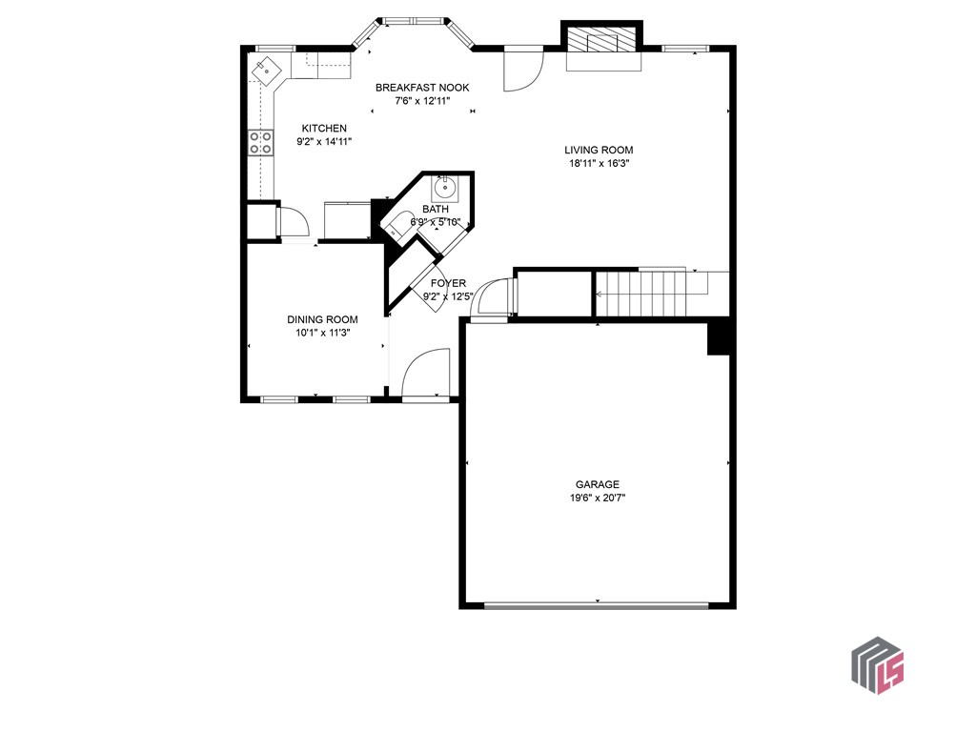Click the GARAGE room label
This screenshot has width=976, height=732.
click(597, 484)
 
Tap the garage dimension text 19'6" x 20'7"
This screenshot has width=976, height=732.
click(597, 498)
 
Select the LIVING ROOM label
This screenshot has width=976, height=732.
click(599, 150)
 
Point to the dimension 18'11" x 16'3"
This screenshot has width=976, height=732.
click(599, 163)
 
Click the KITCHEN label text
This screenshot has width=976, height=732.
click(324, 129)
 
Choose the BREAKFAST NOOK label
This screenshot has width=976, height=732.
click(421, 88)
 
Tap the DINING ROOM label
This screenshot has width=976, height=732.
click(322, 319)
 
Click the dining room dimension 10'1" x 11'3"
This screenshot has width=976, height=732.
click(322, 333)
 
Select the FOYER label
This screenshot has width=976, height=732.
click(448, 283)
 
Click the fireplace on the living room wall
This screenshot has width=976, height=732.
click(603, 45)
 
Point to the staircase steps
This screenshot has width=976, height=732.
click(640, 293)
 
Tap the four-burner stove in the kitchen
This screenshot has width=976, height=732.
click(259, 142)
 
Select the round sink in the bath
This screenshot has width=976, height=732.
click(444, 189)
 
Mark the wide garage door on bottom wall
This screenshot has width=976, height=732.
click(597, 604)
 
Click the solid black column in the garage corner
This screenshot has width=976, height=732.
click(719, 337)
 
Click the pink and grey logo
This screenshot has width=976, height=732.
click(877, 664)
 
